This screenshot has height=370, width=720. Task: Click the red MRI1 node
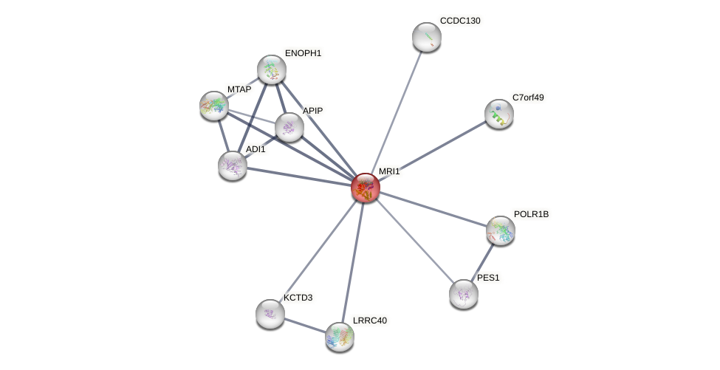click(x=365, y=188)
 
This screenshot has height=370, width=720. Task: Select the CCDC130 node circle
click(x=426, y=37)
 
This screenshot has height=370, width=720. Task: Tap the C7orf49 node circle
click(x=498, y=114)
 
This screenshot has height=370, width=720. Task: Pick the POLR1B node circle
click(x=500, y=230)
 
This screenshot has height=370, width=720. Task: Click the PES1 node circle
click(x=463, y=294)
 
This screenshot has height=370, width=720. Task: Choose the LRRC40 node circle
click(x=340, y=337)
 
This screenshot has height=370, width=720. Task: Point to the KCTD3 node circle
click(x=270, y=314)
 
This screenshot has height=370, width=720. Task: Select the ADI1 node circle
click(x=233, y=165)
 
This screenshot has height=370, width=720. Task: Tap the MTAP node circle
click(x=214, y=106)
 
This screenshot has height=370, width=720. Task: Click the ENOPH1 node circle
click(x=271, y=69)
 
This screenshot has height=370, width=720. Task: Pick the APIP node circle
click(x=289, y=127)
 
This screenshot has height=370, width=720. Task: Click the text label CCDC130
click(x=459, y=21)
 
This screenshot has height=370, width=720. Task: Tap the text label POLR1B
click(x=531, y=214)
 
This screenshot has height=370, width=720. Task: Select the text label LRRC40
click(x=369, y=321)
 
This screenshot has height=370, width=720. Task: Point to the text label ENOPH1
click(x=303, y=53)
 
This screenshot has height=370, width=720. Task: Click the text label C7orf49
click(x=527, y=97)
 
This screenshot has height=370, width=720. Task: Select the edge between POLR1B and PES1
click(x=482, y=261)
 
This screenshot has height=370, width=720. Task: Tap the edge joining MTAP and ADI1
click(x=223, y=136)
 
